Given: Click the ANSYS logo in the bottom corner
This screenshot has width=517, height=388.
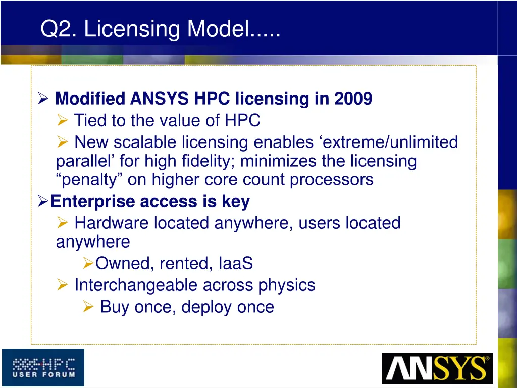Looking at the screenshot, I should pyautogui.click(x=437, y=368).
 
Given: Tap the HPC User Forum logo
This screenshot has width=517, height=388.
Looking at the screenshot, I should pyautogui.click(x=43, y=367).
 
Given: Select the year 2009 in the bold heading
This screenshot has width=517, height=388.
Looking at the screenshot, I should pyautogui.click(x=353, y=99).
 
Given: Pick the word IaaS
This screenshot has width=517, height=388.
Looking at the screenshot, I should pyautogui.click(x=236, y=263).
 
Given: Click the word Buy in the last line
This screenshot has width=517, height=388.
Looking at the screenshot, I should pyautogui.click(x=114, y=307).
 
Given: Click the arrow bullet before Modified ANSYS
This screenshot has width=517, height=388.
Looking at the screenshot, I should pyautogui.click(x=43, y=99).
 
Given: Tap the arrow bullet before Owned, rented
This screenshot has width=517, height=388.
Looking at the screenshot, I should pyautogui.click(x=87, y=263).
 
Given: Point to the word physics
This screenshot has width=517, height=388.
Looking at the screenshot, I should pyautogui.click(x=286, y=285).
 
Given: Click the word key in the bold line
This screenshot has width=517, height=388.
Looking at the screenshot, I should pyautogui.click(x=235, y=202).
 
